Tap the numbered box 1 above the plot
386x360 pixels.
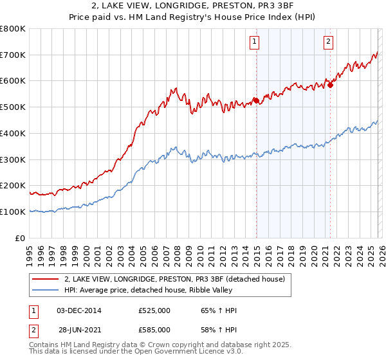pos(255,42)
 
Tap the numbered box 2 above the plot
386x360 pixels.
pos(328,42)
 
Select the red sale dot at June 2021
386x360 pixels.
pos(330,84)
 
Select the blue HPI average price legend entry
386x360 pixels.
pos(155,291)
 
